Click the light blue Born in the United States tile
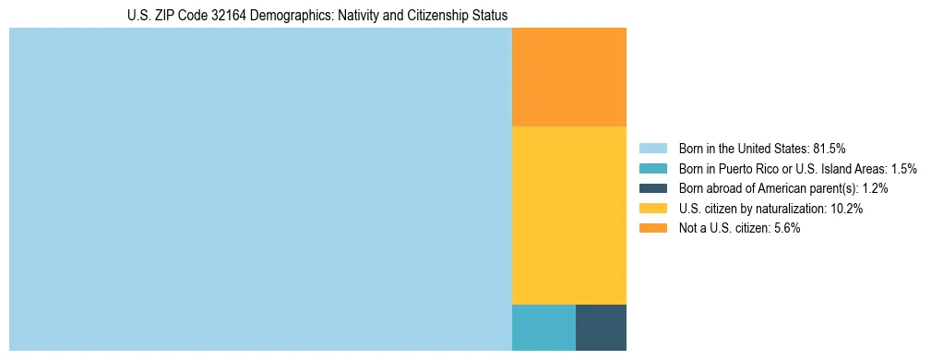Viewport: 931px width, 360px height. pyautogui.click(x=260, y=189)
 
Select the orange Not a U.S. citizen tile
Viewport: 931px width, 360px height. pyautogui.click(x=568, y=77)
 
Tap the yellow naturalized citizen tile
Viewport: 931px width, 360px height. pyautogui.click(x=568, y=214)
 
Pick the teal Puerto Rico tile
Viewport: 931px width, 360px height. pyautogui.click(x=543, y=327)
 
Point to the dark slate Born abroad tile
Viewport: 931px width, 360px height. pyautogui.click(x=601, y=327)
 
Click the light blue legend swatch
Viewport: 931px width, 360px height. pyautogui.click(x=652, y=148)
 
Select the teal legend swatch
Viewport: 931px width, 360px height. pyautogui.click(x=652, y=168)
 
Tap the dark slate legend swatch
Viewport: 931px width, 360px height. pyautogui.click(x=652, y=188)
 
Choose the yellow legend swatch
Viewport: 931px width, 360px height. pyautogui.click(x=652, y=209)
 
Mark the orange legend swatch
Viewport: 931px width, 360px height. pyautogui.click(x=652, y=229)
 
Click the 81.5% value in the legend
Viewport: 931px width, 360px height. pyautogui.click(x=829, y=148)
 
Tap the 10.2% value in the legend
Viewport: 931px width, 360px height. pyautogui.click(x=846, y=209)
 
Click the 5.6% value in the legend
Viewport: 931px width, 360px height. pyautogui.click(x=787, y=229)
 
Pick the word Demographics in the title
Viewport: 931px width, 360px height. pyautogui.click(x=274, y=16)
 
